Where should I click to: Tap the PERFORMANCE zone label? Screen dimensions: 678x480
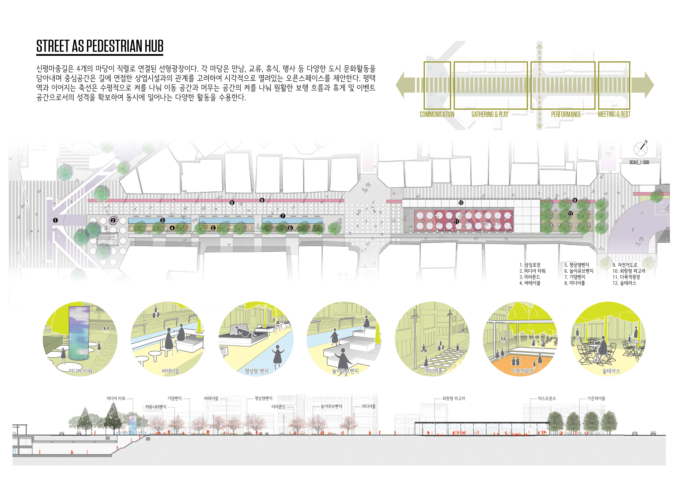pos(566,114)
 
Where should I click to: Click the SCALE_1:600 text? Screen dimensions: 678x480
pos(639,162)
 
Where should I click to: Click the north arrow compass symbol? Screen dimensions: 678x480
pos(641,149)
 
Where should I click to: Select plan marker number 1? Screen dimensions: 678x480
pos(55,220)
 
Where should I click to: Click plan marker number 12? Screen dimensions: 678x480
pos(570,214)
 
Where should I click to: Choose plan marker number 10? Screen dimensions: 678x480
pos(461,203)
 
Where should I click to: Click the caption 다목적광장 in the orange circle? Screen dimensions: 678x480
pos(522,371)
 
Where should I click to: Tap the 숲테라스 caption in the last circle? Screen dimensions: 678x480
pos(611,371)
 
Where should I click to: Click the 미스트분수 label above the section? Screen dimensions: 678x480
pos(547,398)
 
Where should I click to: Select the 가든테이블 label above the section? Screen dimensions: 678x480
pos(596,398)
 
